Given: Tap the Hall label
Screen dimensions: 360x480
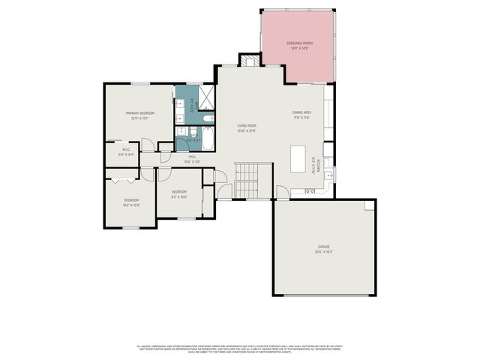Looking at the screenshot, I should point(192,158).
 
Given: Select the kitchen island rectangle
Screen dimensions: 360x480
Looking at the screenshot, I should point(298,159).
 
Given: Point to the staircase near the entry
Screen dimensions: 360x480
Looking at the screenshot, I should point(246,180).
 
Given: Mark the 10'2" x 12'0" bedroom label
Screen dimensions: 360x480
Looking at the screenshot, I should point(132,202).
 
